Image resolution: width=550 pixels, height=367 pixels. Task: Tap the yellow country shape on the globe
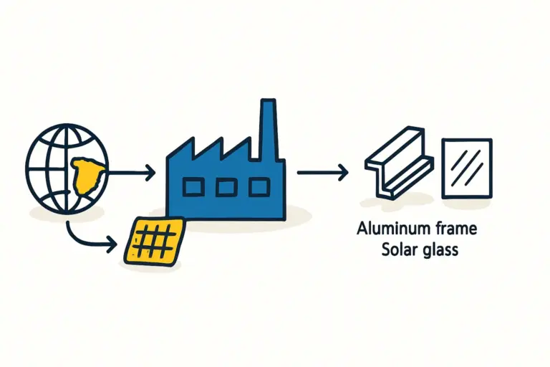click(x=87, y=174)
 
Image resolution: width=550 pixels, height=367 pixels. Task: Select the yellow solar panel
click(x=153, y=240)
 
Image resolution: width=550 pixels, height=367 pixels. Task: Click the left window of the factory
click(x=193, y=188)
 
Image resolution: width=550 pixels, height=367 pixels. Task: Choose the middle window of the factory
click(x=226, y=188)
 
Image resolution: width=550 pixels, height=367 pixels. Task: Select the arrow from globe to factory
click(x=132, y=172)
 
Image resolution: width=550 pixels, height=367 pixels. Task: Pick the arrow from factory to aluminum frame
click(x=322, y=172)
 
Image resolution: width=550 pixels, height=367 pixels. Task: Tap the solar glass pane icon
click(x=467, y=168)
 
